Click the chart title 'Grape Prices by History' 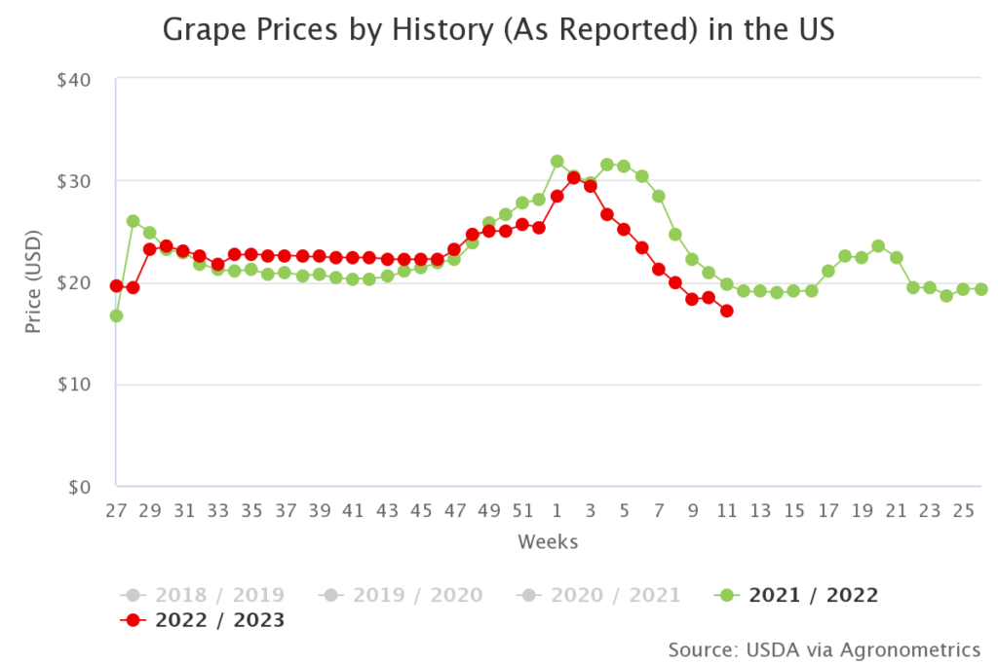[498, 31]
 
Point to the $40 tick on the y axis [74, 79]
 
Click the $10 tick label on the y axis [74, 385]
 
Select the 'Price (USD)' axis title [33, 282]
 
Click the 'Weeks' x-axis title [548, 541]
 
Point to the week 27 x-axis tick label [116, 510]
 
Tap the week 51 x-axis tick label [522, 510]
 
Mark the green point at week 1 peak [557, 162]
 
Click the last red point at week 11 [726, 311]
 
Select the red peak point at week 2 [574, 177]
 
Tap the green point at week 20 [878, 246]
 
